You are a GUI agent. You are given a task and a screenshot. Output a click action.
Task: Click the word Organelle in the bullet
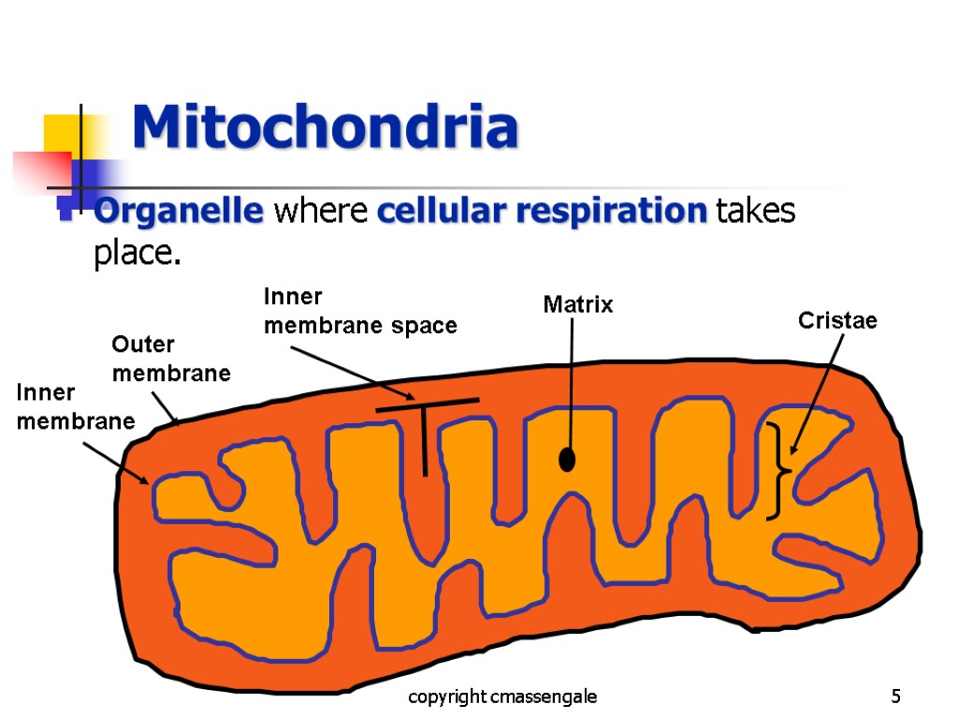click(x=178, y=213)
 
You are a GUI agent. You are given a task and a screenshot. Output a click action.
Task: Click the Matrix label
click(x=578, y=304)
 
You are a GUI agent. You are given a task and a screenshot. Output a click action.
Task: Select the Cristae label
click(x=837, y=321)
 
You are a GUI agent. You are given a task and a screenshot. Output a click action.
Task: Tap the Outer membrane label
click(x=171, y=359)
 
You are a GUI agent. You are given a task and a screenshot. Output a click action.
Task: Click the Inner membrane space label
click(x=360, y=312)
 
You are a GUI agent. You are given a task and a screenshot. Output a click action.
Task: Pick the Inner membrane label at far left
click(x=75, y=407)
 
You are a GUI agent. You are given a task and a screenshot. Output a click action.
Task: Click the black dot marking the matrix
click(x=567, y=461)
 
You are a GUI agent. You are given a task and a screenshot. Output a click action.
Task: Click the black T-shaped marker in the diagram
click(x=426, y=435)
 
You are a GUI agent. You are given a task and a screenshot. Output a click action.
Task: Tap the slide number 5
click(x=896, y=697)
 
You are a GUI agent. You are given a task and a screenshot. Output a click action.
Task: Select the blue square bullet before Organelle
click(x=66, y=213)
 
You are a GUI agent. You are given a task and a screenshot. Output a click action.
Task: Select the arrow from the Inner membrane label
click(x=115, y=462)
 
